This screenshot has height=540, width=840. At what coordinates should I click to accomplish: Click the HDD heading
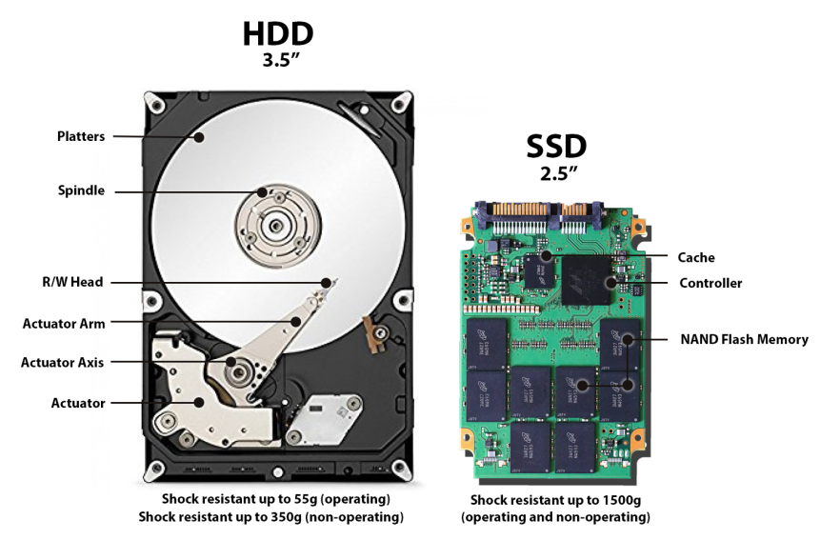277,34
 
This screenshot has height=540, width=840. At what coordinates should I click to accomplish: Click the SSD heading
556,146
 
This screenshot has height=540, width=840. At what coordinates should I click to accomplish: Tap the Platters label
81,136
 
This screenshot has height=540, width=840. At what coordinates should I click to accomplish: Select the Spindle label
81,190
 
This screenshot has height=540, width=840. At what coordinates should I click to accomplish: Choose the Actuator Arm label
64,323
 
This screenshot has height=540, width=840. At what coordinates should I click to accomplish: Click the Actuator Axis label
63,362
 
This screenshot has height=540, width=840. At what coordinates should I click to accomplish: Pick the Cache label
696,257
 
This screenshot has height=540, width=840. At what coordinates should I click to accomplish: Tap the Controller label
710,283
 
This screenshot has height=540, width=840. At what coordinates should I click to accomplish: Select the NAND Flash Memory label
744,339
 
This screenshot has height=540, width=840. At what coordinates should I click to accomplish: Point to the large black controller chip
588,282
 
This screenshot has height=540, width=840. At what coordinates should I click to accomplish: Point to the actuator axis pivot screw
232,363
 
